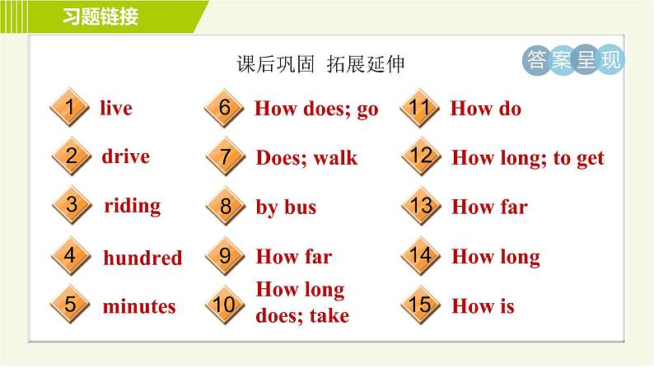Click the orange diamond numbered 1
click(70, 107)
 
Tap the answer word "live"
click(116, 108)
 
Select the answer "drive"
click(125, 156)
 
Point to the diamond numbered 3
click(72, 205)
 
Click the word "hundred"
click(142, 258)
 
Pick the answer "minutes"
click(139, 306)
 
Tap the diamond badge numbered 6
click(224, 108)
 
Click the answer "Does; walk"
click(306, 158)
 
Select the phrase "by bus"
click(286, 207)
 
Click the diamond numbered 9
click(225, 255)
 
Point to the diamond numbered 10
click(225, 305)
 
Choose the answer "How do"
click(486, 109)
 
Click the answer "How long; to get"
click(528, 158)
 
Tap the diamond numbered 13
click(421, 205)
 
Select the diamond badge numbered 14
click(420, 255)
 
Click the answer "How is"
click(483, 306)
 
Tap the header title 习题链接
click(100, 16)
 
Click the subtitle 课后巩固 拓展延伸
click(320, 63)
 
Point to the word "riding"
click(133, 207)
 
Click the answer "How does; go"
click(316, 109)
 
